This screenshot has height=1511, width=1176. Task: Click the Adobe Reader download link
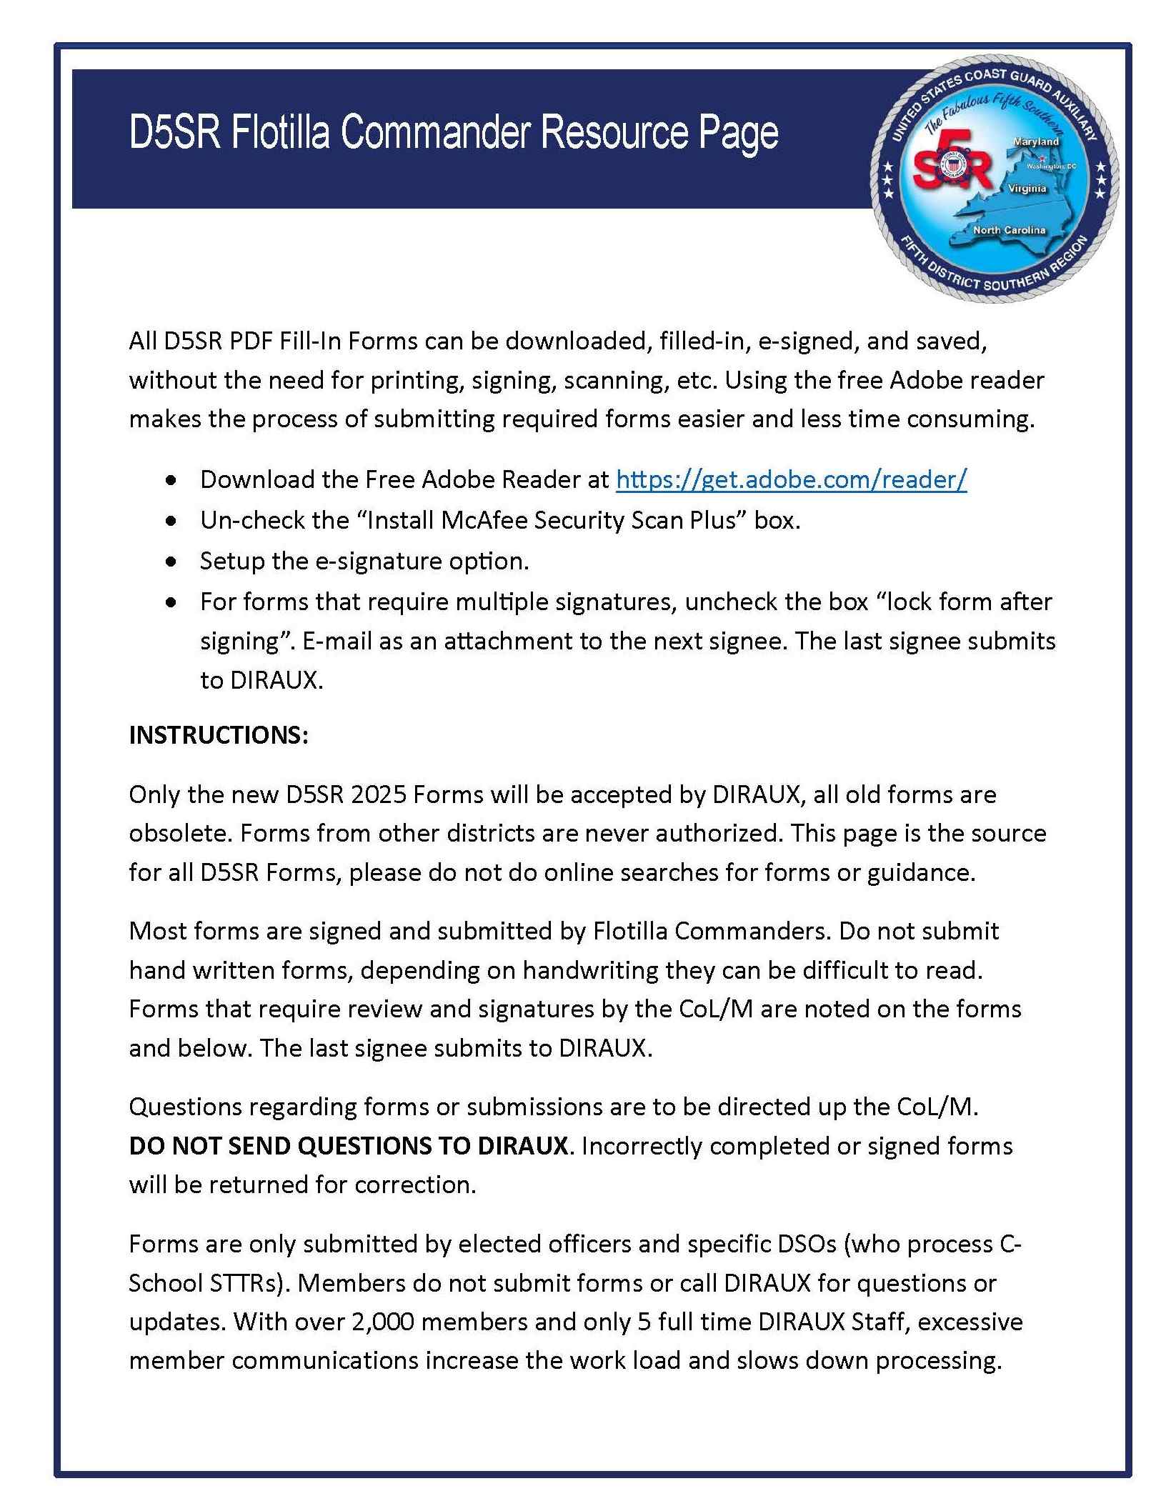(791, 479)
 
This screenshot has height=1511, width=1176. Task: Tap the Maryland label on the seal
(1035, 142)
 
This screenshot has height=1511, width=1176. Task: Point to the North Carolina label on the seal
(1009, 230)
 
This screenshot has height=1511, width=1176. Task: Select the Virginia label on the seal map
(1027, 189)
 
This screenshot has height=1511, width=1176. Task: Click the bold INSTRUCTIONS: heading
(219, 735)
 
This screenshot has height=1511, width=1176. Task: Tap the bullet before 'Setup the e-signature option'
(170, 562)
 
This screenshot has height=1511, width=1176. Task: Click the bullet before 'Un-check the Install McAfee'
(170, 522)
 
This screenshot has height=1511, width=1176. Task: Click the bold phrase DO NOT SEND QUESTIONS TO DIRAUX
(348, 1146)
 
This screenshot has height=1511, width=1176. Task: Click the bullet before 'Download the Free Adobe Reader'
(170, 481)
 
